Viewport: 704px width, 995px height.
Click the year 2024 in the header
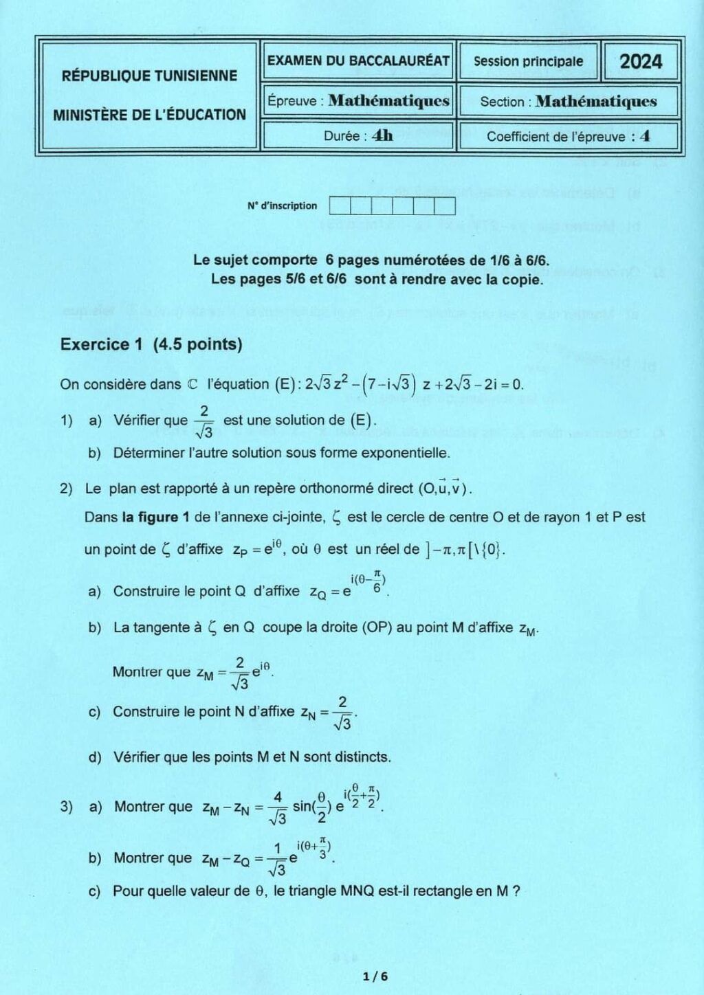click(x=641, y=62)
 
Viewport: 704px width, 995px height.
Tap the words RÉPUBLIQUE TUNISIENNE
click(x=149, y=76)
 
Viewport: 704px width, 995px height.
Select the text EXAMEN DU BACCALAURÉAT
click(x=358, y=60)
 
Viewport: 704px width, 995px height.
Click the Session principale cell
click(x=528, y=61)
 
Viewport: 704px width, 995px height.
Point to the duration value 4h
click(x=382, y=135)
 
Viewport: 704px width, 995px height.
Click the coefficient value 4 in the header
click(x=644, y=136)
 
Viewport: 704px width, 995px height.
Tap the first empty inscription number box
click(x=340, y=205)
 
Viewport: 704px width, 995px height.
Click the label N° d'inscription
click(x=282, y=205)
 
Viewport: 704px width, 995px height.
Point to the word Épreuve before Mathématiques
click(x=292, y=101)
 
